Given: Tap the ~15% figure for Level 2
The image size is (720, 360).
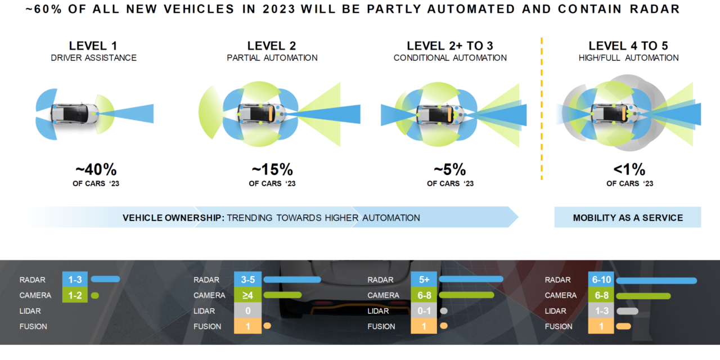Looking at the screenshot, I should coord(272,169).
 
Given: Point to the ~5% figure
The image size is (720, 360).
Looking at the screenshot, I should coord(449,169).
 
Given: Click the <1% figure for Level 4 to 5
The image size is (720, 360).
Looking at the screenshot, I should coord(629,169).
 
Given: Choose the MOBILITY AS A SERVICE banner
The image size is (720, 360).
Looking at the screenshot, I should coord(628,218).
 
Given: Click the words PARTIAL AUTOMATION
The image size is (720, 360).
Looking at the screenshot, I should coord(272,58).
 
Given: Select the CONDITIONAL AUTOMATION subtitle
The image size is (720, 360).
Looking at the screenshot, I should coord(449,58).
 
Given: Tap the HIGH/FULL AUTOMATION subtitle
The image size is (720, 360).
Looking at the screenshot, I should coord(628,58).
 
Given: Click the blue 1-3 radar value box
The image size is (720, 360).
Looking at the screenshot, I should coord(75,280).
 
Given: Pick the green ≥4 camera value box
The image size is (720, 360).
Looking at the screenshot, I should coord(247,295).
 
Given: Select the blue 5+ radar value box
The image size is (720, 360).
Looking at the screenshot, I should coord(423,280).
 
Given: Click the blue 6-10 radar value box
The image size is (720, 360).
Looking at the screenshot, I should coord(601,280).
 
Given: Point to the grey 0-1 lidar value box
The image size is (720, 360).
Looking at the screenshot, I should coord(423,311).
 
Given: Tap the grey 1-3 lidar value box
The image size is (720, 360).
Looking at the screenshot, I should coord(601,311).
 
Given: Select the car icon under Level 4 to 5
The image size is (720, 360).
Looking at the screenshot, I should coord(612,113).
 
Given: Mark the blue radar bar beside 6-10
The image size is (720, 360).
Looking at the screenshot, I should coord(656,280).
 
